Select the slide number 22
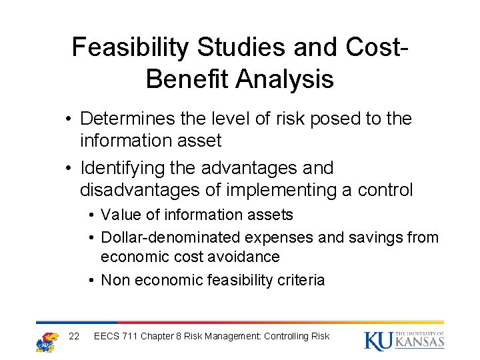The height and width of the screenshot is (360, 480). click(75, 336)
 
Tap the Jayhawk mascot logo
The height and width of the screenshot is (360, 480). click(47, 341)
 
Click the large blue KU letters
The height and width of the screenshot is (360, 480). click(377, 341)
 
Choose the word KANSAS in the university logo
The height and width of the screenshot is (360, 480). click(420, 343)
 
